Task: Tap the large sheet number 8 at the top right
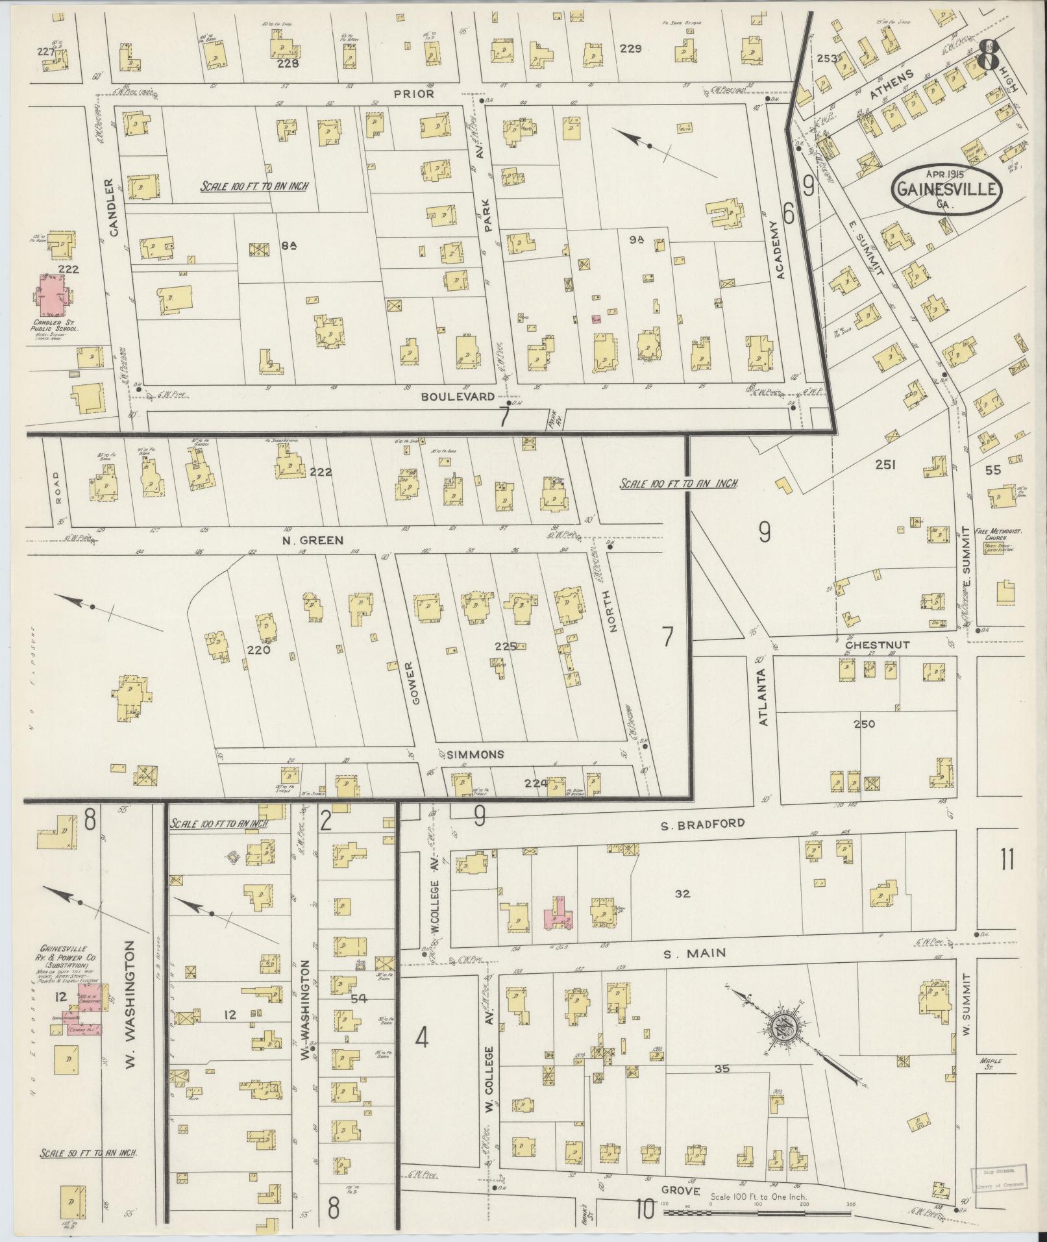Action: point(988,56)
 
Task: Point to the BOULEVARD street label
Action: point(467,396)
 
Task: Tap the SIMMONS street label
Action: point(476,754)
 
